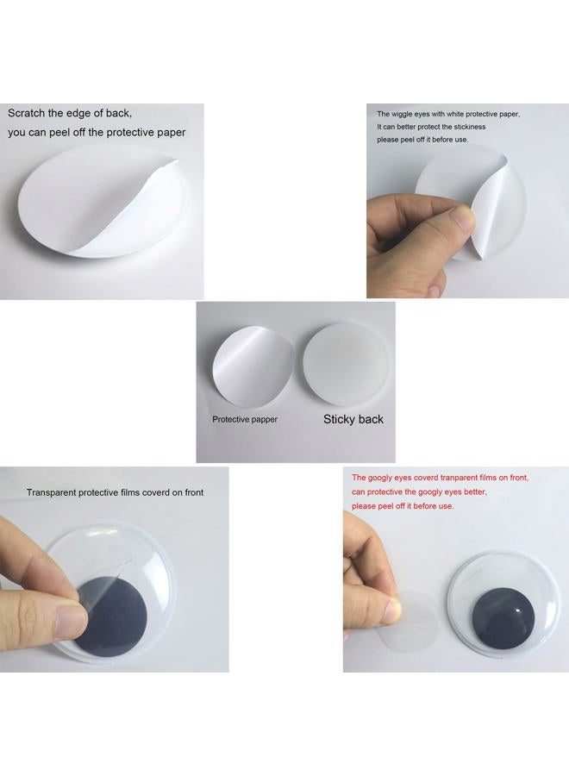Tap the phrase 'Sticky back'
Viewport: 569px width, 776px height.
[x=353, y=419]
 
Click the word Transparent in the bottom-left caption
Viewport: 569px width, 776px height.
[x=52, y=493]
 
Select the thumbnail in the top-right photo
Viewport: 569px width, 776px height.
[x=464, y=218]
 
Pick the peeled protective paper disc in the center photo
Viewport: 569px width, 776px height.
[x=253, y=366]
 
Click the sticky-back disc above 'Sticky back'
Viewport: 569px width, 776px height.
[x=346, y=364]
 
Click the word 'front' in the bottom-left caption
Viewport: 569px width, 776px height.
[x=193, y=493]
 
